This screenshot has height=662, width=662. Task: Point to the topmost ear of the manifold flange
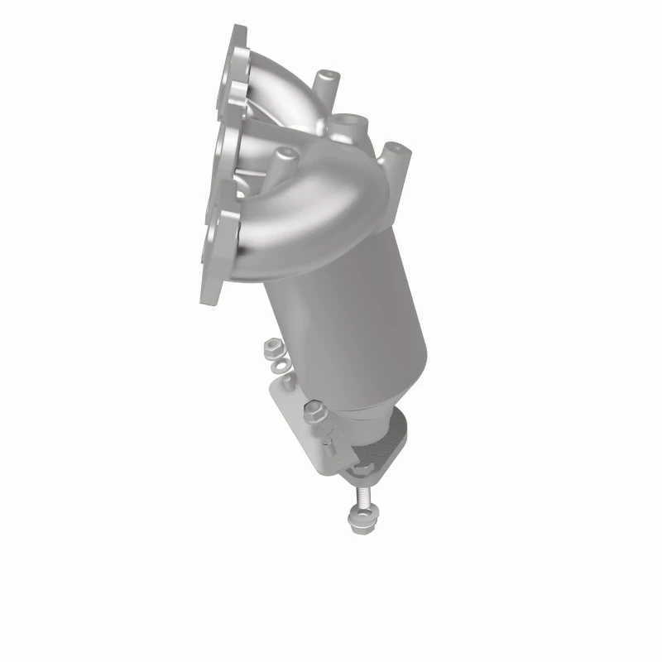coord(237,37)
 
